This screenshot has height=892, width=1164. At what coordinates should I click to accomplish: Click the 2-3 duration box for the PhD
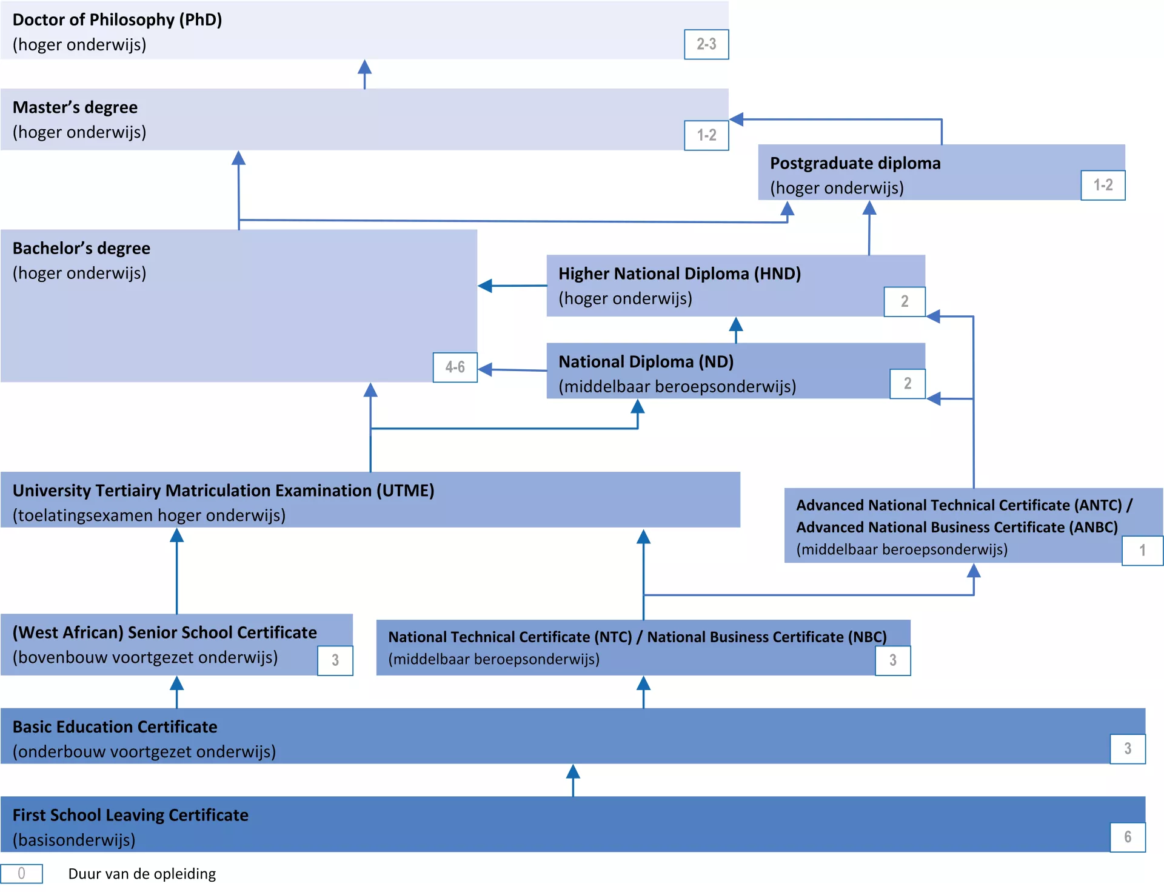pos(706,44)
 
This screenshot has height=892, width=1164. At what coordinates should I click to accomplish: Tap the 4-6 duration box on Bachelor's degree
pos(455,367)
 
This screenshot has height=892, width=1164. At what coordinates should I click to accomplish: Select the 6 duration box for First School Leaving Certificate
pos(1127,837)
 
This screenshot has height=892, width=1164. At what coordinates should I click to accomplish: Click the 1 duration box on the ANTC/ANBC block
pos(1142,551)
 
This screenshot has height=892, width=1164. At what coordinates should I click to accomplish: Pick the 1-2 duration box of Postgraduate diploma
pos(1103,186)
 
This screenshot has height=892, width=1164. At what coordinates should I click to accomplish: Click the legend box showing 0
pos(21,874)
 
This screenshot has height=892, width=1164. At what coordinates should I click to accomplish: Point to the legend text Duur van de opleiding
pos(142,874)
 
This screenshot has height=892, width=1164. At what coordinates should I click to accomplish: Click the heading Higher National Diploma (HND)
pos(680,274)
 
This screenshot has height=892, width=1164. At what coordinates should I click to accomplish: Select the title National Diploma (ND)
pos(646,362)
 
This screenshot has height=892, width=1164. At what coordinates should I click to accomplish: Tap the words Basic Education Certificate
pos(115,727)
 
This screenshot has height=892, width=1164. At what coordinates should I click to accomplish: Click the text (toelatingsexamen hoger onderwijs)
pos(149,515)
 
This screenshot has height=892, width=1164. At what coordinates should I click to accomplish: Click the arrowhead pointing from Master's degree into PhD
pos(364,67)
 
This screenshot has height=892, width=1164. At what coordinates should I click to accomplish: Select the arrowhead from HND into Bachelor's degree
pos(485,286)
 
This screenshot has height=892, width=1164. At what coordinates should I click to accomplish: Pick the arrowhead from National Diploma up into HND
pos(736,324)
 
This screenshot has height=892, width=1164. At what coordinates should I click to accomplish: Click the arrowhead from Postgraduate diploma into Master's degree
pos(737,119)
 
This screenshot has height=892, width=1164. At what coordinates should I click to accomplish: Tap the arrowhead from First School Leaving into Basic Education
pos(573,771)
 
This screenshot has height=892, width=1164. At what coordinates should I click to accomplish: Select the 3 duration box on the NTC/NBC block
pos(892,661)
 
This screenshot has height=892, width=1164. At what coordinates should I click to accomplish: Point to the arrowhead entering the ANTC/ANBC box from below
pos(974,571)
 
